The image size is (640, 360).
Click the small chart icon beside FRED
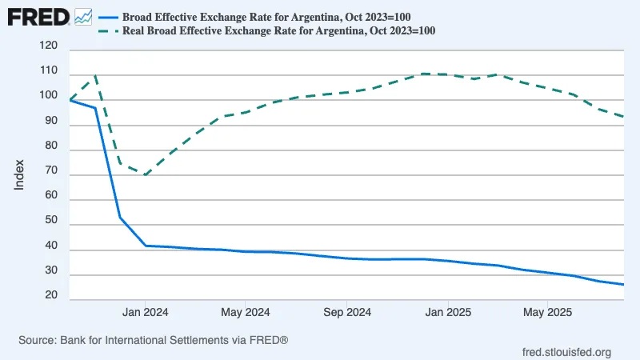82,15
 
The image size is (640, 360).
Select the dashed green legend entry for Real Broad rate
279,30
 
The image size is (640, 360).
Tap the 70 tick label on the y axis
51,171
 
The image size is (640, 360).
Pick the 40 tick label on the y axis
51,246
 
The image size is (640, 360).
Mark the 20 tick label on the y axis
51,296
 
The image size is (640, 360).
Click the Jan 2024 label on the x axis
145,311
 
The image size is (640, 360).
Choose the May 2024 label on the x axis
245,311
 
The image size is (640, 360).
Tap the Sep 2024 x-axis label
346,311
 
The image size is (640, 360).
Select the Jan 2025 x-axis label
446,311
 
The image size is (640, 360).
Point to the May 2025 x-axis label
546,311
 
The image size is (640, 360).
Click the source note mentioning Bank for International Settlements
153,341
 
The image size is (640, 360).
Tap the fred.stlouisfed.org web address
566,352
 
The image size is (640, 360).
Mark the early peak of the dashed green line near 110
96,76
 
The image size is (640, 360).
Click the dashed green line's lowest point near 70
145,174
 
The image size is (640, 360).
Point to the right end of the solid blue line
623,285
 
